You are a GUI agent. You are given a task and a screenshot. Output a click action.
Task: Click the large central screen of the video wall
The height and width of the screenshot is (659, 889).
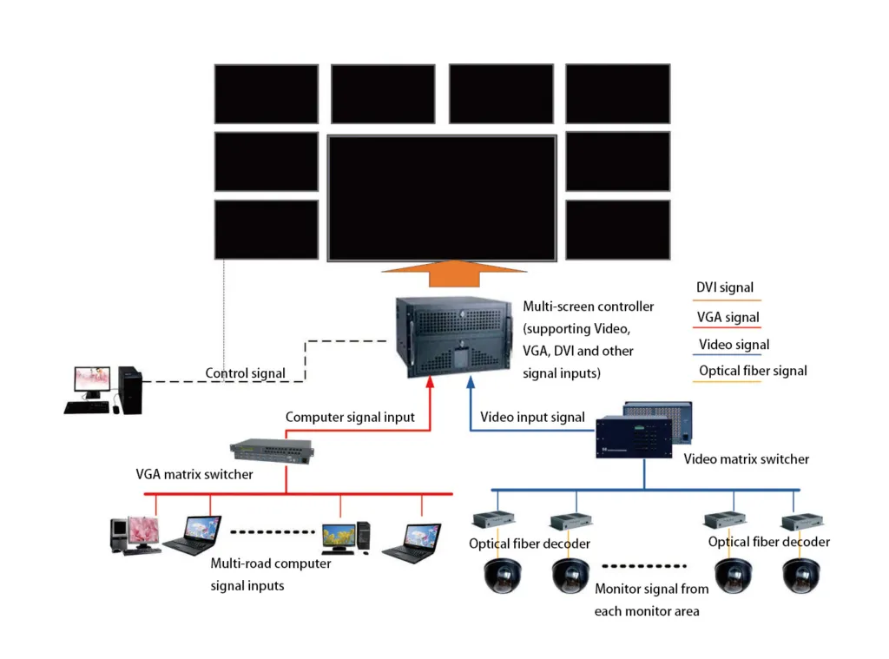point(441,197)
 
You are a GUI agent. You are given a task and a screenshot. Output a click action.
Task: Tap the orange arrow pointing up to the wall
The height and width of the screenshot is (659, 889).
point(442,272)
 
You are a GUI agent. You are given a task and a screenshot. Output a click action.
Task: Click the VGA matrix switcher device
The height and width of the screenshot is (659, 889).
point(272,449)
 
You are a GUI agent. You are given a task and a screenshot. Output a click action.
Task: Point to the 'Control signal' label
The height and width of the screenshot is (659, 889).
point(245,374)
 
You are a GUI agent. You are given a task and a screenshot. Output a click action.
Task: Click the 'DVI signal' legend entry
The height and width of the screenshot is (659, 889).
point(725,288)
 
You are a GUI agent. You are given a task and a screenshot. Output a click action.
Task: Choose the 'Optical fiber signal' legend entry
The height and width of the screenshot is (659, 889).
point(753,371)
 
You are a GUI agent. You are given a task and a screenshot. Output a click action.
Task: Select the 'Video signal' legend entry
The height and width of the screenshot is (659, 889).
point(734,345)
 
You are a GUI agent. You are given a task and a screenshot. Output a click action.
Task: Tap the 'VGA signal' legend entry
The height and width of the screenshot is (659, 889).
point(728,318)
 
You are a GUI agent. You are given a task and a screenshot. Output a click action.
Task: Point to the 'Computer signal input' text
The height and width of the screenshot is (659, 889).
point(350,418)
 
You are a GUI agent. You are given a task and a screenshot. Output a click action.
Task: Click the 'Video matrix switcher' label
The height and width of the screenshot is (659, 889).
point(746,458)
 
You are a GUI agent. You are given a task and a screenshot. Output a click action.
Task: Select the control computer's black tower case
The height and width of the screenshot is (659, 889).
point(131,390)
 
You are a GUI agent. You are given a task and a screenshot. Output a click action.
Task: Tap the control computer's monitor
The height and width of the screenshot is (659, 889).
point(92,381)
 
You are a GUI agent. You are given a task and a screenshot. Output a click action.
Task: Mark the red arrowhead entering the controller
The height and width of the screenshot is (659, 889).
point(432,380)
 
